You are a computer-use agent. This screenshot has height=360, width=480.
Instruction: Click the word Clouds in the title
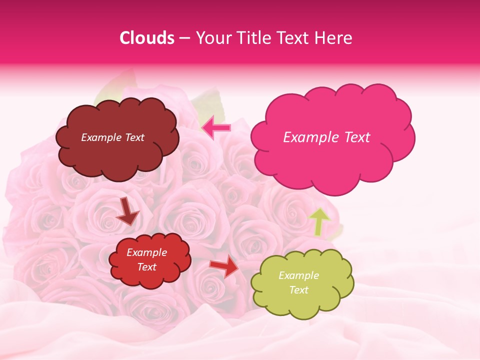click(x=147, y=38)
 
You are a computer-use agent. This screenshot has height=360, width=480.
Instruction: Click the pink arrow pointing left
click(x=216, y=128)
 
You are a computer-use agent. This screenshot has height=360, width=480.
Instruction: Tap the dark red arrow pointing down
click(x=128, y=212)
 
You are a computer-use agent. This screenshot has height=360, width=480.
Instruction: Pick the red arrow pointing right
click(x=224, y=267)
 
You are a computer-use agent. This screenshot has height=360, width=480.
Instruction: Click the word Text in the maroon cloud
click(x=135, y=137)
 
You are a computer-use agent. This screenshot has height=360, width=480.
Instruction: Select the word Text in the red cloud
click(x=147, y=267)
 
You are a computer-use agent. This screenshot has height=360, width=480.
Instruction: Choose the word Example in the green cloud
click(x=298, y=275)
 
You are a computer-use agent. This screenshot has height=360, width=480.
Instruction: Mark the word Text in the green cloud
click(x=298, y=290)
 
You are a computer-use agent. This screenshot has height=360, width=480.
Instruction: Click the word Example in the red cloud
click(x=147, y=252)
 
